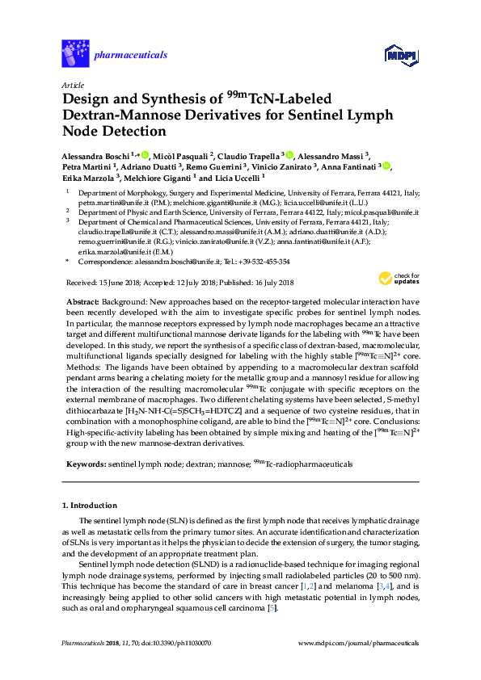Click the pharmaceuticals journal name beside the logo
(131, 55)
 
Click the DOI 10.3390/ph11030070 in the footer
(176, 643)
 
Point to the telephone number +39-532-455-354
(262, 262)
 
